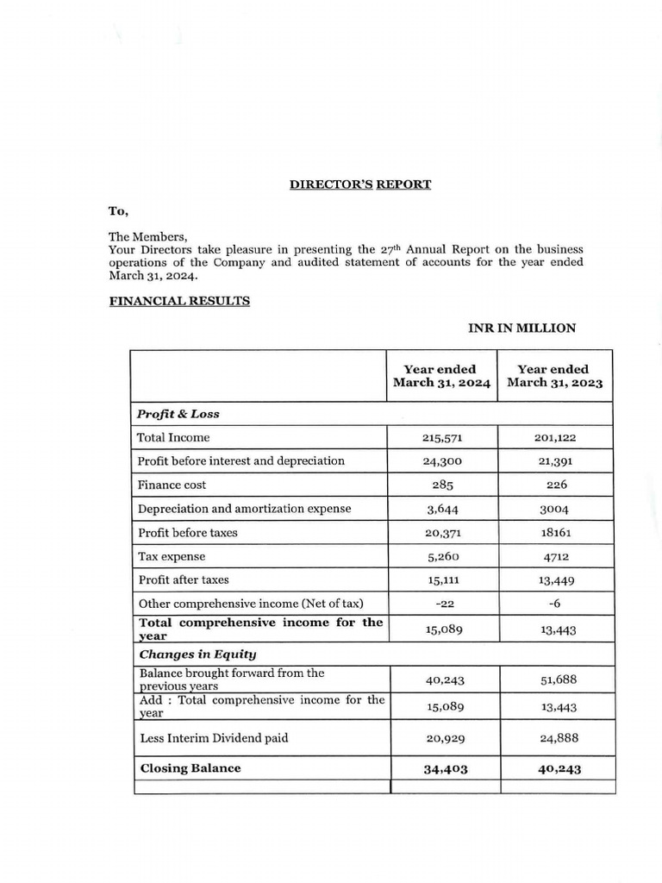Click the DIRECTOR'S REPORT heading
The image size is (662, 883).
359,185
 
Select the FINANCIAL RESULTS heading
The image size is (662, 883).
179,302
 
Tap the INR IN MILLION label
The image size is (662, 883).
521,328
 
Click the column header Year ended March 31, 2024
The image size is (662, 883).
442,376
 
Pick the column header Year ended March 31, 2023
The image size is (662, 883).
555,376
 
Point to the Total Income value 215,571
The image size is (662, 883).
443,437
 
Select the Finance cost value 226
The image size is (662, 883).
555,485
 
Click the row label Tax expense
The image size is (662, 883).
172,556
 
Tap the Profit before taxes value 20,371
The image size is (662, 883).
443,533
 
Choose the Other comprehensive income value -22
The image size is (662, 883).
443,604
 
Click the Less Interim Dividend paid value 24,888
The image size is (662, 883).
555,738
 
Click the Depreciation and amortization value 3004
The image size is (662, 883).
555,509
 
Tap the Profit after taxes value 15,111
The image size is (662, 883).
443,580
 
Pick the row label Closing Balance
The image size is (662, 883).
190,767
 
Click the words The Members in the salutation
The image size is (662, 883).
147,236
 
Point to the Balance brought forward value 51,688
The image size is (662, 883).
555,679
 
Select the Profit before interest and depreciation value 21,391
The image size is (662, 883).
555,461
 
